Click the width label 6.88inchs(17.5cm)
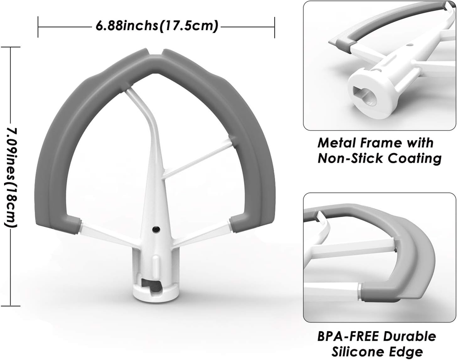(x=157, y=26)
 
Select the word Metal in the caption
(x=336, y=143)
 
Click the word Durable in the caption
(x=409, y=336)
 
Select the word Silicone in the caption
(x=360, y=351)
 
